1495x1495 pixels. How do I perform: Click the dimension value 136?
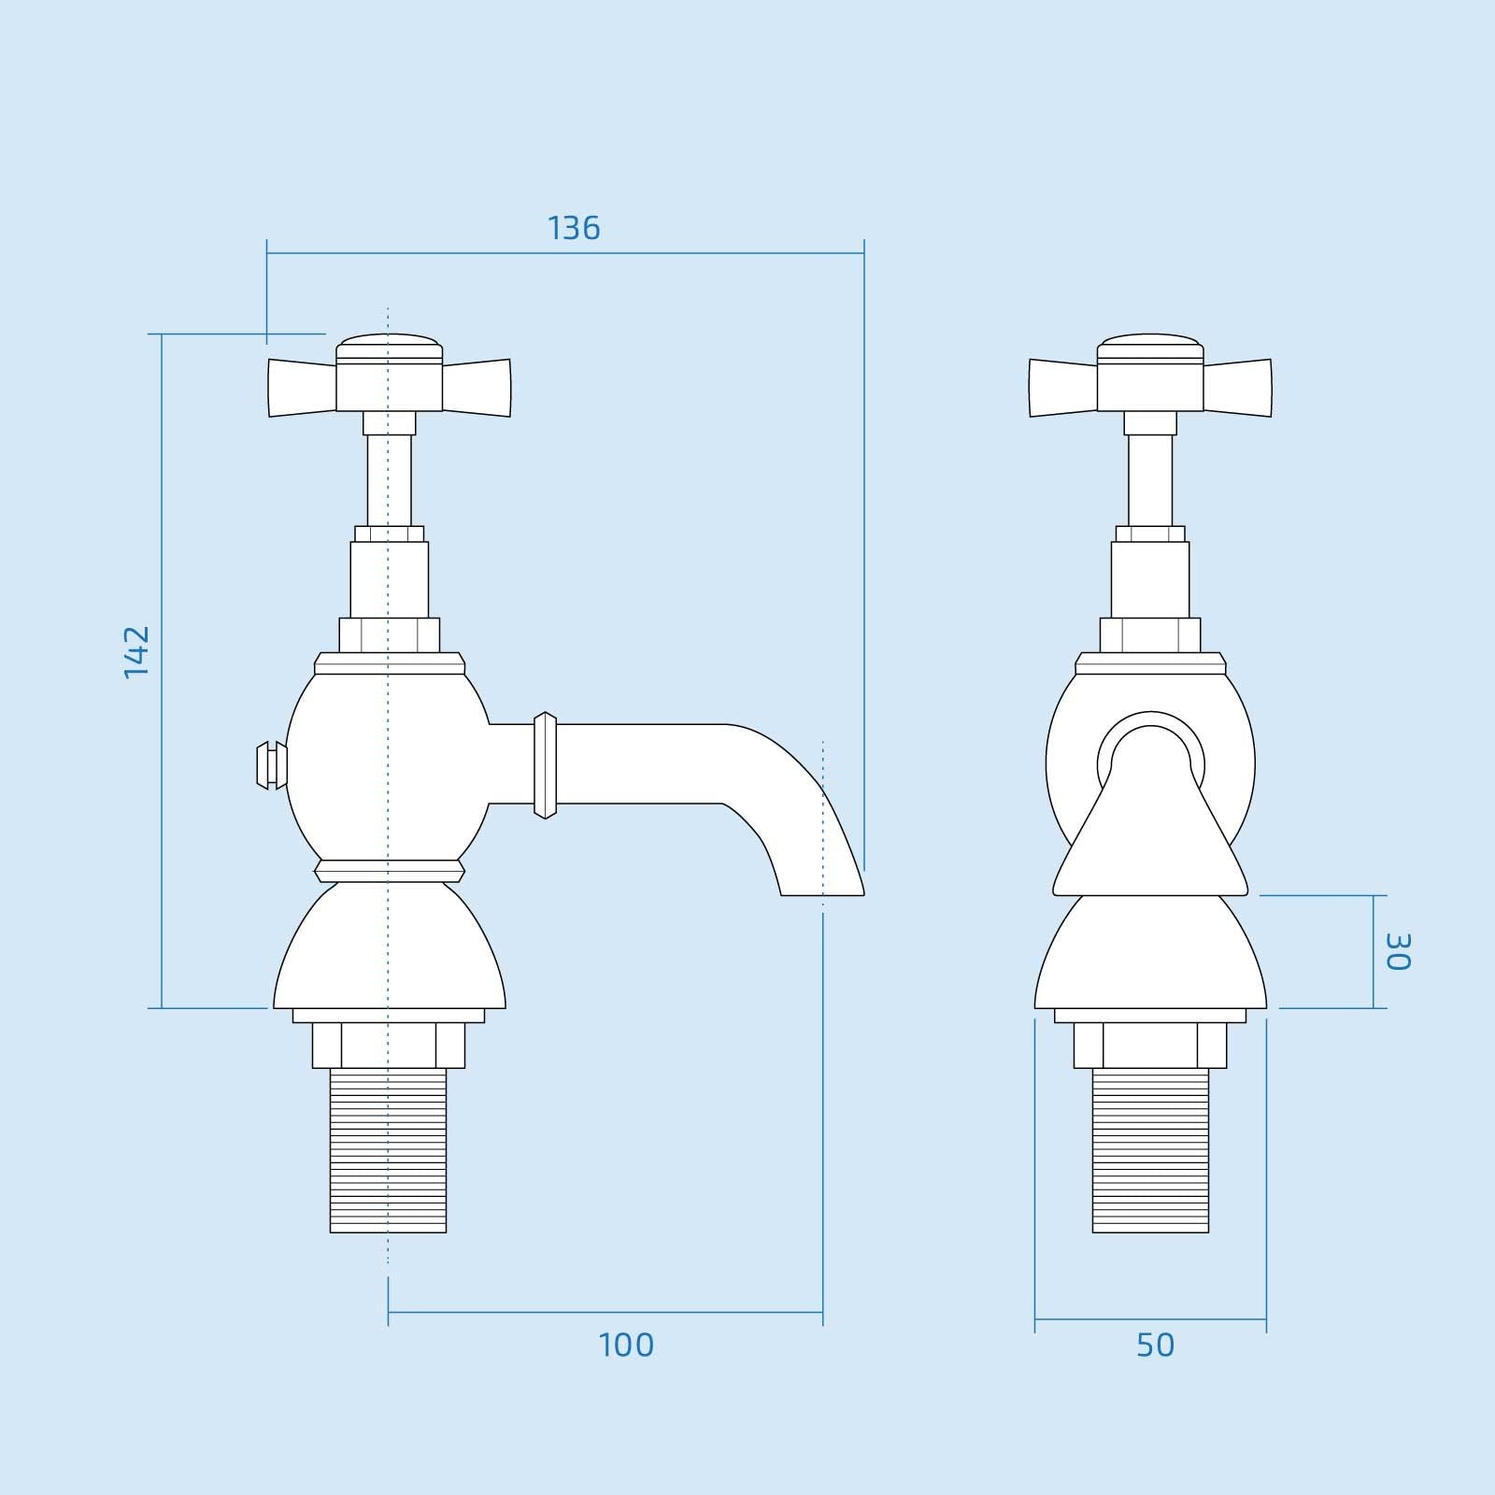pyautogui.click(x=573, y=228)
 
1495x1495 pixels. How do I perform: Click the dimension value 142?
pyautogui.click(x=136, y=651)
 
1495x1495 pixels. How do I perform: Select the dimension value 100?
pyautogui.click(x=626, y=1345)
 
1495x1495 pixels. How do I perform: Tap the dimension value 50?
pyautogui.click(x=1155, y=1345)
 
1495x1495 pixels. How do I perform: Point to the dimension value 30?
pyautogui.click(x=1397, y=951)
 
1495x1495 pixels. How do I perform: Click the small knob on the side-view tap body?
pyautogui.click(x=271, y=764)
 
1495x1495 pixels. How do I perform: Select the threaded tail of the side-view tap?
pyautogui.click(x=388, y=1149)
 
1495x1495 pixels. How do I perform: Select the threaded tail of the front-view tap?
pyautogui.click(x=1150, y=1149)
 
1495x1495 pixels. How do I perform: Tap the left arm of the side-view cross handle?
pyautogui.click(x=301, y=387)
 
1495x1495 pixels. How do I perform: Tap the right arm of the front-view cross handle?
pyautogui.click(x=1237, y=387)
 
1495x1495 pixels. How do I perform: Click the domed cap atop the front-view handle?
pyautogui.click(x=1150, y=347)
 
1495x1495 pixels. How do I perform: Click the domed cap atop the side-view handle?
pyautogui.click(x=388, y=347)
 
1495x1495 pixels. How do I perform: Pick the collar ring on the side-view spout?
pyautogui.click(x=545, y=765)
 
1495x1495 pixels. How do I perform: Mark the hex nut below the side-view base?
pyautogui.click(x=388, y=1045)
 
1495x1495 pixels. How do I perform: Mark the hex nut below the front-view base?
pyautogui.click(x=1150, y=1045)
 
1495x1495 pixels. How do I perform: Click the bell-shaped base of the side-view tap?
pyautogui.click(x=388, y=948)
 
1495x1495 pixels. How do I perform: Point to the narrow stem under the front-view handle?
pyautogui.click(x=1150, y=477)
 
